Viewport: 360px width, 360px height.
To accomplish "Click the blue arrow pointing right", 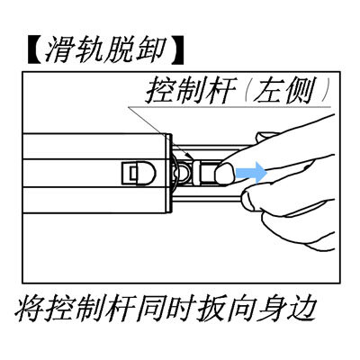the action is point(251,173).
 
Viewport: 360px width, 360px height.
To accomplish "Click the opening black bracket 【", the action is point(33,50).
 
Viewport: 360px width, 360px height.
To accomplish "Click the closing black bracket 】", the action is point(177,50).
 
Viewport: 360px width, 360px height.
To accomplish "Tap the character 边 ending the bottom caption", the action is point(300,309).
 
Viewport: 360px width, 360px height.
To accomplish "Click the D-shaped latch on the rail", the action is point(139,174).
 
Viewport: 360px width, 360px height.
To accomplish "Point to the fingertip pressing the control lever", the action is point(224,174).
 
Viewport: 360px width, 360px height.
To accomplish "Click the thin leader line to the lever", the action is point(159,132).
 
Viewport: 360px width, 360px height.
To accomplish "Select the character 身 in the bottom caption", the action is point(270,309).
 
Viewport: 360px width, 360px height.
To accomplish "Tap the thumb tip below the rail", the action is point(250,200).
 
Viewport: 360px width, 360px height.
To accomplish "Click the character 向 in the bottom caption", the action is point(240,309).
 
